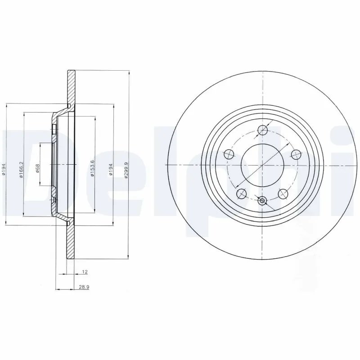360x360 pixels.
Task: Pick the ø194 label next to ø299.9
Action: [111, 170]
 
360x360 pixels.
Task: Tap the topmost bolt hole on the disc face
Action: [263, 130]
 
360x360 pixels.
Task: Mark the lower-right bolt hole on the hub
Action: [283, 193]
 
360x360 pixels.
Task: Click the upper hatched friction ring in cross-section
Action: [71, 88]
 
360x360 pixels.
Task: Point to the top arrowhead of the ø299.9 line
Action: [129, 72]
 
